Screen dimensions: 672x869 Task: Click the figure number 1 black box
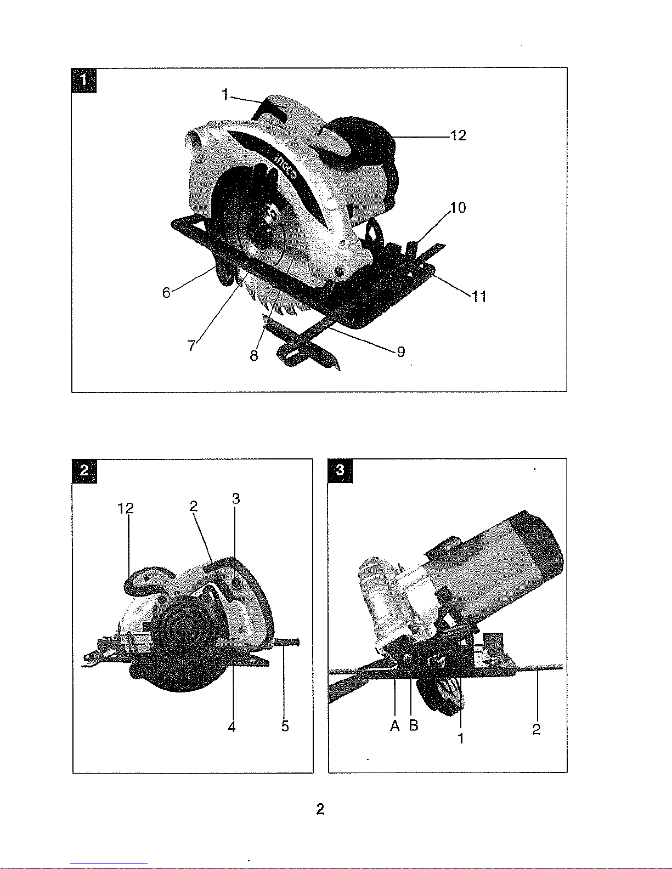[x=83, y=81]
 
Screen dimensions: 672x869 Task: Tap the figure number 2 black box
[x=84, y=471]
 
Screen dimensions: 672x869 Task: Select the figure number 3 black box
[x=340, y=471]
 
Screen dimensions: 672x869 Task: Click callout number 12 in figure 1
[x=459, y=136]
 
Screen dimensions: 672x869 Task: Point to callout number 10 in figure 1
[x=458, y=208]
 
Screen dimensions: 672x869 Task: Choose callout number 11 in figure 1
[x=479, y=297]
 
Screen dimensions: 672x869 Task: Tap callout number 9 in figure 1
[x=401, y=352]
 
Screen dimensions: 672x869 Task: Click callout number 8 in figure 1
[x=254, y=355]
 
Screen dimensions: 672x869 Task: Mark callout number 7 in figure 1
[x=191, y=345]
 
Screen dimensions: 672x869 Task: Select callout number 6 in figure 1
[x=166, y=293]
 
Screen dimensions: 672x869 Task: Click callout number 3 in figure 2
[x=236, y=499]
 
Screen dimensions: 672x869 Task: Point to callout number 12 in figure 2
[x=125, y=508]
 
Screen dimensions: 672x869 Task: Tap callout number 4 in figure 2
[x=232, y=726]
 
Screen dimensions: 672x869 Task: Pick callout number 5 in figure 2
[x=285, y=726]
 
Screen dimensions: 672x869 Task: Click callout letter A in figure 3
[x=395, y=725]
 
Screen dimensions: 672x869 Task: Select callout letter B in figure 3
[x=414, y=725]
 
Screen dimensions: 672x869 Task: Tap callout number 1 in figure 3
[x=461, y=738]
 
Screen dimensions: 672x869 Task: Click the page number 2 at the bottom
[x=320, y=809]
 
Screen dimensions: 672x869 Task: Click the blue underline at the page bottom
[x=109, y=864]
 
